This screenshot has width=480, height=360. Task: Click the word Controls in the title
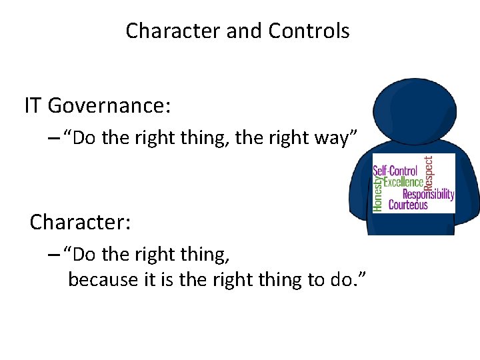[309, 31]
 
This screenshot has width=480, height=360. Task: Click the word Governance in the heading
[110, 105]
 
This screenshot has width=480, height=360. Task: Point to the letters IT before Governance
[33, 105]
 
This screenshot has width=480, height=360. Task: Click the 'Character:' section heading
[80, 221]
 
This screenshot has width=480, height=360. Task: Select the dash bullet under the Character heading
[55, 255]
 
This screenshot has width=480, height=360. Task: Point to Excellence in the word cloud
[403, 182]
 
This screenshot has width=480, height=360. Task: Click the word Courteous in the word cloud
[408, 205]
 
